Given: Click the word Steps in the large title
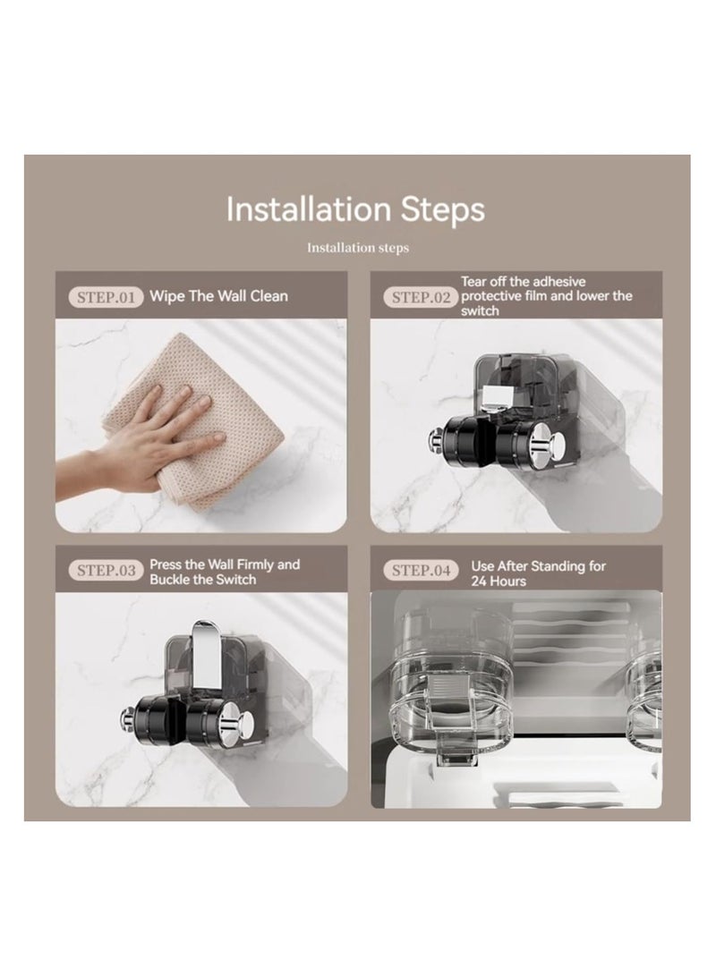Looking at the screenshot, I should [x=443, y=209].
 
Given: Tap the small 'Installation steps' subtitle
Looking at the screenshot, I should [x=357, y=248].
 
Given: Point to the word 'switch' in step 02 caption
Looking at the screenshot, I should [x=481, y=311].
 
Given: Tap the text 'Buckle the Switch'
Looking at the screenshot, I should [x=203, y=579].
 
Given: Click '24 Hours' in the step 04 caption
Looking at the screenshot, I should [x=497, y=581].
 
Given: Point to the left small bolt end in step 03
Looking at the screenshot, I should [x=127, y=717].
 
